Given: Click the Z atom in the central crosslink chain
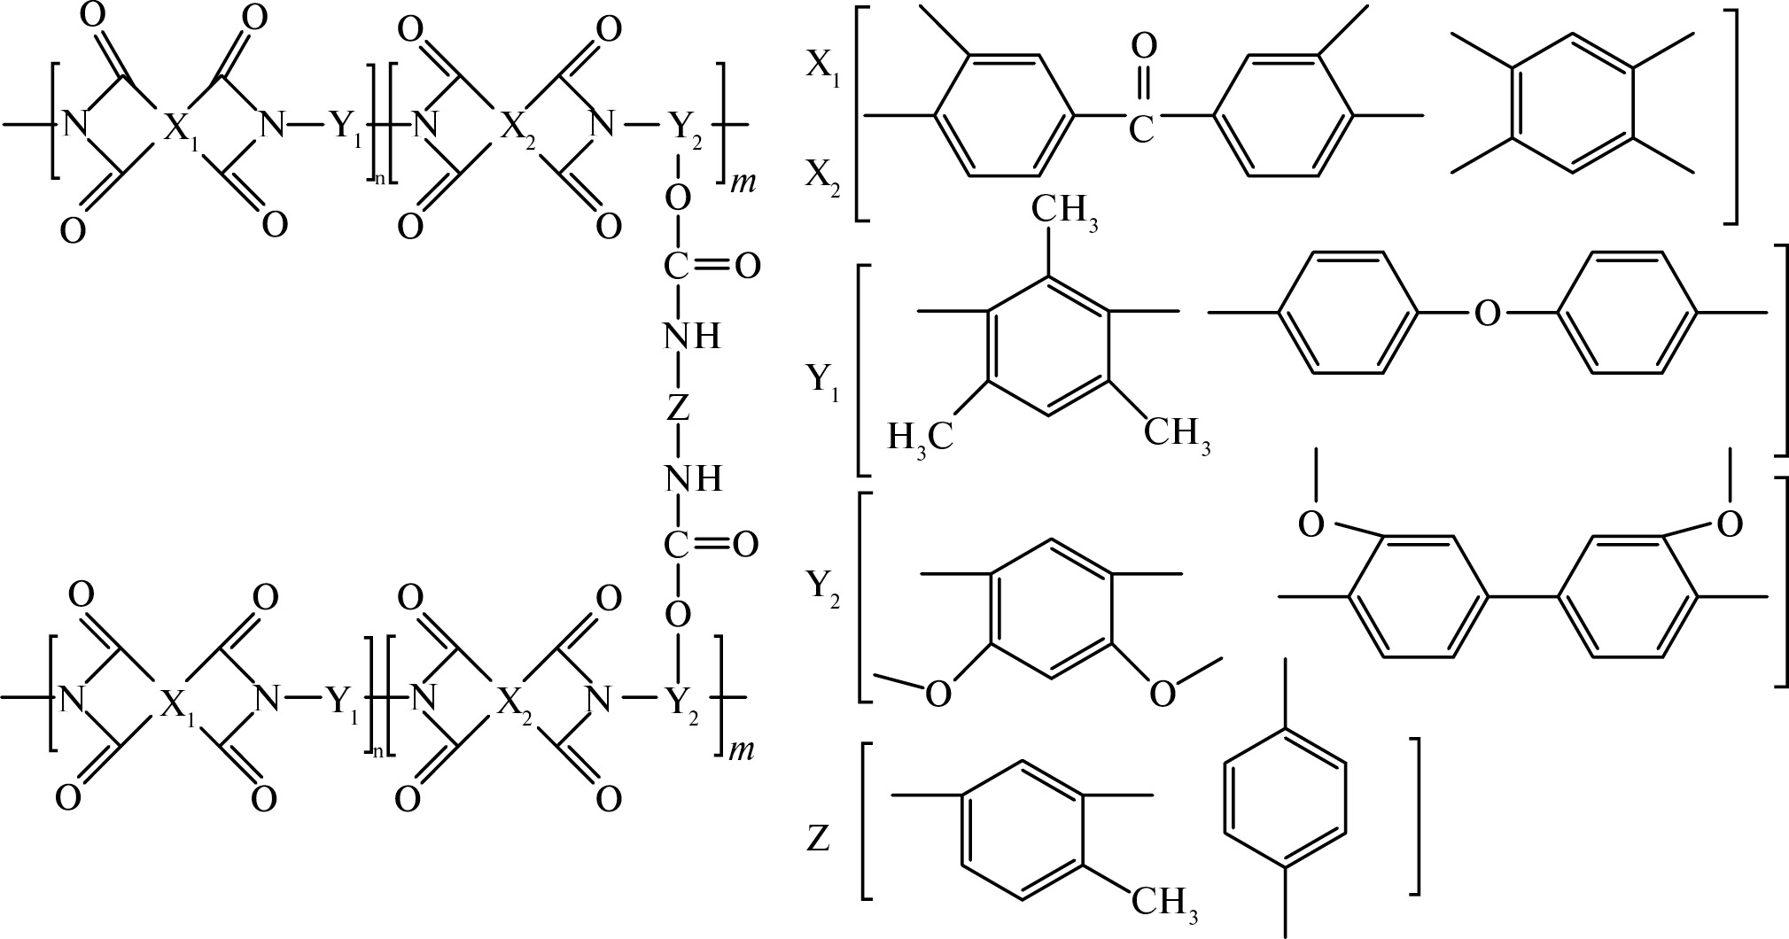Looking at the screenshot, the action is tap(678, 407).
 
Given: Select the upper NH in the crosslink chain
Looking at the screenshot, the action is tap(692, 337).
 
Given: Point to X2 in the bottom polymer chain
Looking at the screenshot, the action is tap(517, 703).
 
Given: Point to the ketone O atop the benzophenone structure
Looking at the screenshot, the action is tap(1142, 46).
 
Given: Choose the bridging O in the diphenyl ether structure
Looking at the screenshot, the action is tap(1488, 313).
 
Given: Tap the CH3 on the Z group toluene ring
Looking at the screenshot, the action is tap(1167, 903).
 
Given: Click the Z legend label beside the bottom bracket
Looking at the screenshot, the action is tap(818, 838).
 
